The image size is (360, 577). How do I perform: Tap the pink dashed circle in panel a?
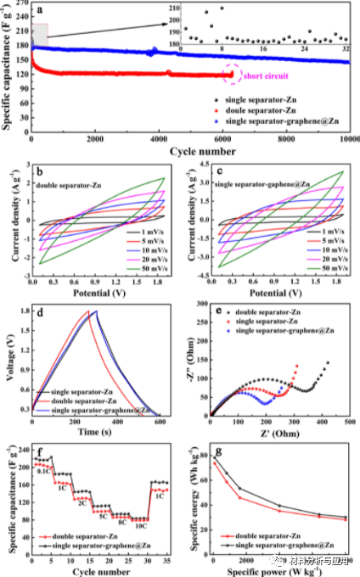pos(228,75)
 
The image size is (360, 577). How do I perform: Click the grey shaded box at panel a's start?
pos(39,34)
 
